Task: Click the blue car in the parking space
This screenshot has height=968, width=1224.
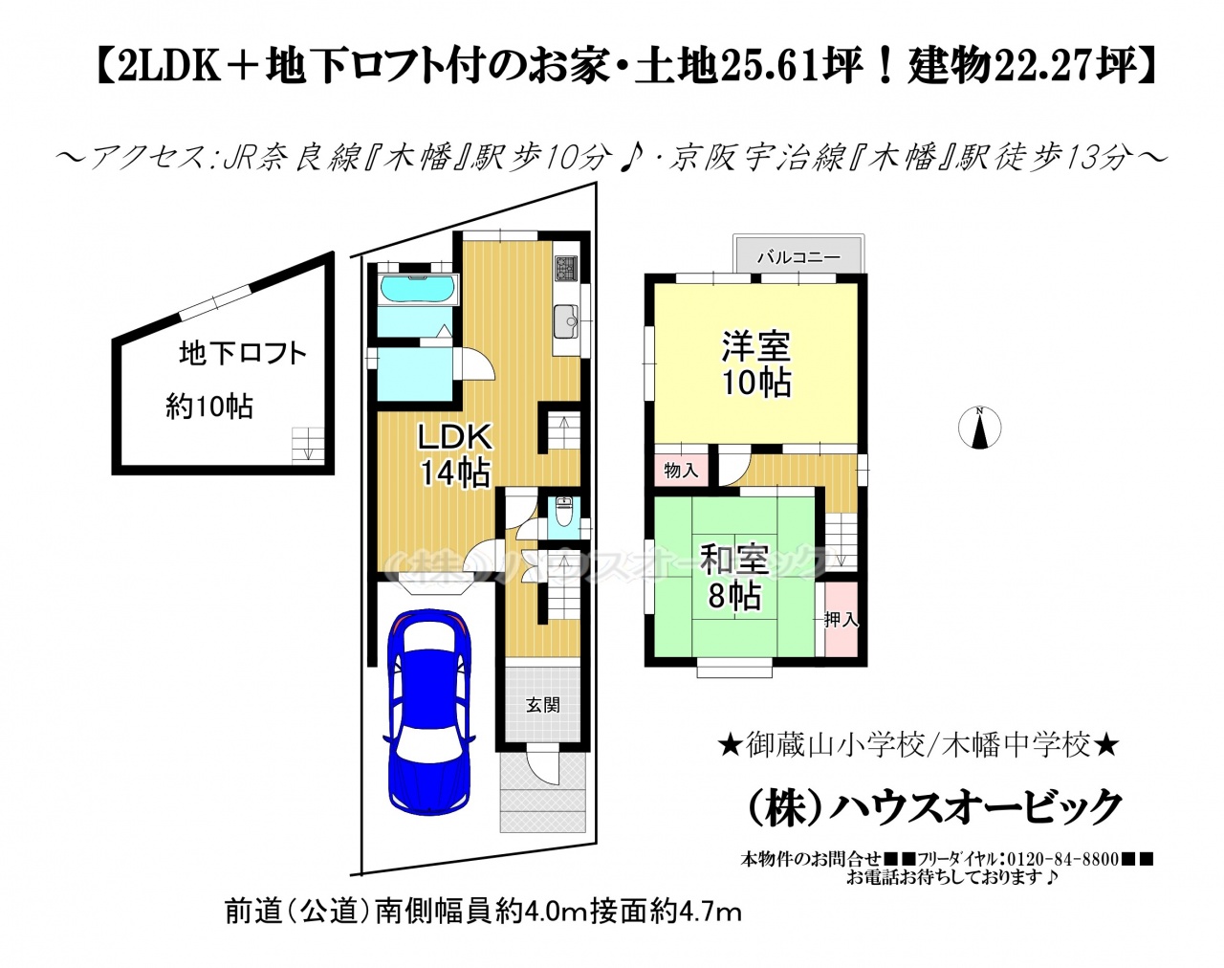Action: tap(429, 714)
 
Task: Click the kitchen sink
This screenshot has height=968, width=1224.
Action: tap(565, 321)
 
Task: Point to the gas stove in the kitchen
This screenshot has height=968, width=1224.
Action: tap(565, 268)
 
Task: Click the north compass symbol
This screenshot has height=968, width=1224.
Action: tap(979, 428)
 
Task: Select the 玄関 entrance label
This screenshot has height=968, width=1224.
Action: tap(542, 705)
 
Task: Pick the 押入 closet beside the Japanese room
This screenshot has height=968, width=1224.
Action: tap(841, 619)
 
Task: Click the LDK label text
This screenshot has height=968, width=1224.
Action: tap(454, 437)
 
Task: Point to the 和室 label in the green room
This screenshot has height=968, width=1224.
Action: tap(734, 560)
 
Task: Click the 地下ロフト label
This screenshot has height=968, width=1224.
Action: tap(243, 354)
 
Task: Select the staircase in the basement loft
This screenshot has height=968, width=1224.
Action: tap(308, 446)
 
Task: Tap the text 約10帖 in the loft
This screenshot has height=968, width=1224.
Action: tap(209, 407)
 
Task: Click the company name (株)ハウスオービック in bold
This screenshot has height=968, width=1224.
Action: tap(932, 807)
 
